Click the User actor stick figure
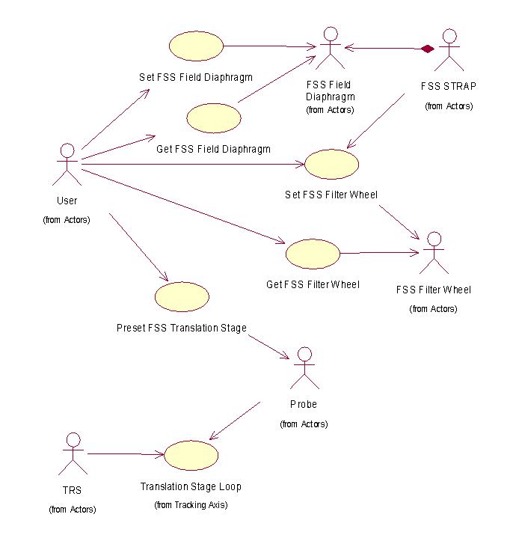tap(67, 164)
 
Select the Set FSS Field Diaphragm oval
tap(196, 46)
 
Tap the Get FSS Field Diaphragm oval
tap(213, 117)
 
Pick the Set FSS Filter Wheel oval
tap(332, 164)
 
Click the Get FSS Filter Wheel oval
tap(313, 254)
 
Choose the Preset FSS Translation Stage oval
tap(181, 296)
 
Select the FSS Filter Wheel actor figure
tap(433, 254)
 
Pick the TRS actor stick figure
tap(73, 454)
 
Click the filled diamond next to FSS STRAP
tap(427, 49)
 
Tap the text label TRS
tap(73, 491)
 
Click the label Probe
tap(303, 405)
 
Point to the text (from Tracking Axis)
tap(191, 505)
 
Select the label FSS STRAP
tap(449, 86)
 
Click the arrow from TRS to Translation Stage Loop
tap(125, 453)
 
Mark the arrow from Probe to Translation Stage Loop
tap(235, 421)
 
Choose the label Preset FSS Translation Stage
tap(181, 328)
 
